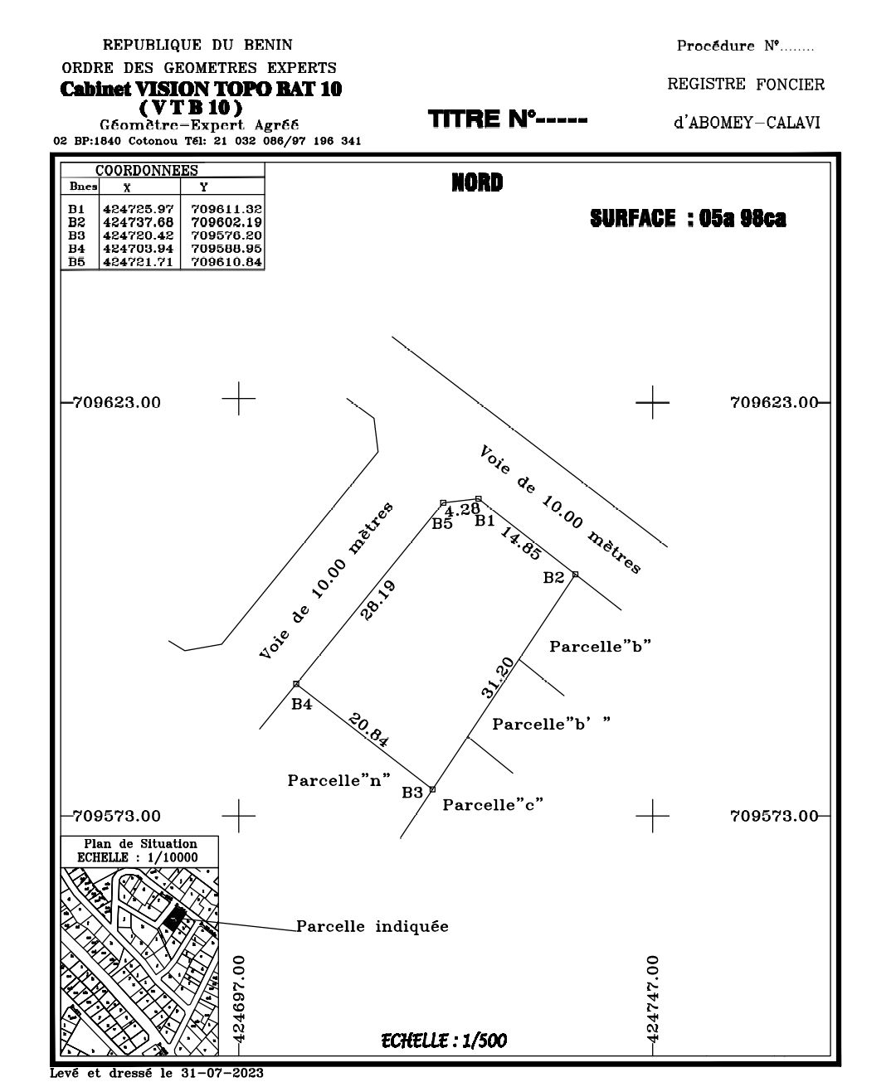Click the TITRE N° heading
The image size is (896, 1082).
(x=508, y=119)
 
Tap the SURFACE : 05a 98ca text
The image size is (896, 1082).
(x=688, y=218)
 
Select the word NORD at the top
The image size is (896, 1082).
(x=477, y=182)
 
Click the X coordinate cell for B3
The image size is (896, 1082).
(x=139, y=235)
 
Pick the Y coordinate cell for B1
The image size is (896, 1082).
(x=226, y=209)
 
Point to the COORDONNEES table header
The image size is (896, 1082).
(x=146, y=171)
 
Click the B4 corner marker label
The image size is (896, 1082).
(x=301, y=704)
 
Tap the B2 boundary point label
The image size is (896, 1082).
(x=553, y=578)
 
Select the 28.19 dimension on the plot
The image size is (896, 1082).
(x=378, y=600)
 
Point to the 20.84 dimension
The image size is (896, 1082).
(x=368, y=730)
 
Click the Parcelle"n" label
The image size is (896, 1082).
(x=338, y=780)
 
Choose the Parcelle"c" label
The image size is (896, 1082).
(x=493, y=804)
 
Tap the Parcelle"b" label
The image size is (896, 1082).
(x=600, y=647)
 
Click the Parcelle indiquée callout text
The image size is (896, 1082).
(x=373, y=926)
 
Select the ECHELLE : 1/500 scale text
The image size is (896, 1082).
(x=444, y=1041)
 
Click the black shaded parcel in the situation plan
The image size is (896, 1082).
(x=174, y=916)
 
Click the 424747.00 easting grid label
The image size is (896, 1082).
(x=653, y=998)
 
